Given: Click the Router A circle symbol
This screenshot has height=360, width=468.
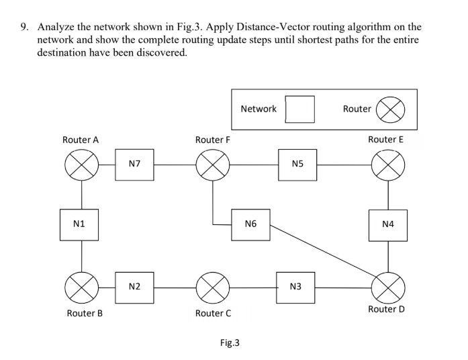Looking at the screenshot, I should tap(82, 165).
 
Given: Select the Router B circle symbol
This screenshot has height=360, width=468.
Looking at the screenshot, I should tap(82, 287).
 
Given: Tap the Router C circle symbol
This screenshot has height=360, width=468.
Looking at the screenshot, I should tap(213, 287).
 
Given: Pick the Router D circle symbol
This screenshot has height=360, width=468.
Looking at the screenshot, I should tap(389, 287).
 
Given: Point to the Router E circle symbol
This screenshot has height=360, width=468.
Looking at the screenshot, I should tap(389, 165).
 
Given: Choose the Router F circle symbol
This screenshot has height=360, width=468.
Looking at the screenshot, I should tap(213, 165).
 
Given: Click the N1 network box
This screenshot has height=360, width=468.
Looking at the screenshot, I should tap(82, 224).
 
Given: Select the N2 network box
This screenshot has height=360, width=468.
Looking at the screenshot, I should tap(134, 287).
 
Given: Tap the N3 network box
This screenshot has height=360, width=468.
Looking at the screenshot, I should tap(295, 287).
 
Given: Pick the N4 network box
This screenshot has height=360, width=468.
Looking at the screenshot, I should tap(389, 224).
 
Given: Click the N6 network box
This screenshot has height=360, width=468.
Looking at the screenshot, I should tap(250, 224).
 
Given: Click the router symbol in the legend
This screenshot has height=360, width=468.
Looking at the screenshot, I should tap(389, 109).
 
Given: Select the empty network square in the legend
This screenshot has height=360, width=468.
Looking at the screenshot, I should tap(300, 109).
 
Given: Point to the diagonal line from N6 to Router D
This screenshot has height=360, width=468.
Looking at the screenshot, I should tap(322, 255).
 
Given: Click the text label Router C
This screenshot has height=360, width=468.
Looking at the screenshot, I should tap(213, 313).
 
